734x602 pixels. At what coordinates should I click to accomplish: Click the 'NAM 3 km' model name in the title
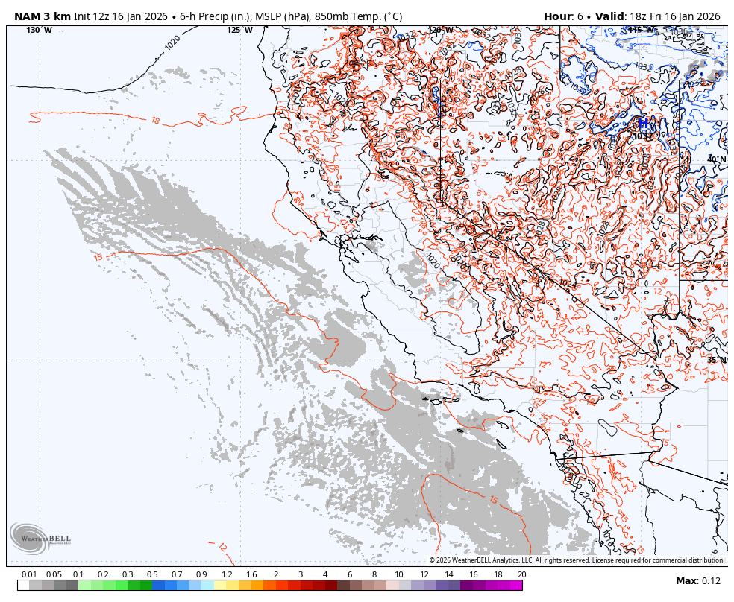(43, 16)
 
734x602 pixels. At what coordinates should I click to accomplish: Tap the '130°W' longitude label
(40, 30)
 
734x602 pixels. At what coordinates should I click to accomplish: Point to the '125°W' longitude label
(239, 30)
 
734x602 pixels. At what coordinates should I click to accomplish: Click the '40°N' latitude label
(716, 159)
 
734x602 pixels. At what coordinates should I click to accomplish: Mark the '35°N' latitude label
(716, 360)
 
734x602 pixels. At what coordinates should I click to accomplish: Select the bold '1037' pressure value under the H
(642, 136)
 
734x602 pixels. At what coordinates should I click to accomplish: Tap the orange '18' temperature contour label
(155, 121)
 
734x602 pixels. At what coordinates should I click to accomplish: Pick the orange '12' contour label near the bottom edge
(223, 547)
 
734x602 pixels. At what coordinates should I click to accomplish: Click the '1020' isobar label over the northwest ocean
(172, 42)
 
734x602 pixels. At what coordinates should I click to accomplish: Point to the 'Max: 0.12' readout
(698, 581)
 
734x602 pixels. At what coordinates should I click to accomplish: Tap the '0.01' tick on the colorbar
(30, 574)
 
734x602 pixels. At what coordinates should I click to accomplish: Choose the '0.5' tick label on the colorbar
(152, 574)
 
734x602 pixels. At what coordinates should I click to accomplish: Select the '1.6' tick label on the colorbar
(251, 574)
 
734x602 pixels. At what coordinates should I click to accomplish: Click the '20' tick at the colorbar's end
(521, 574)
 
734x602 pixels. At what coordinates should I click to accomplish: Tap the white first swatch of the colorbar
(23, 586)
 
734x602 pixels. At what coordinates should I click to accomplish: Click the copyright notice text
(577, 560)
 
